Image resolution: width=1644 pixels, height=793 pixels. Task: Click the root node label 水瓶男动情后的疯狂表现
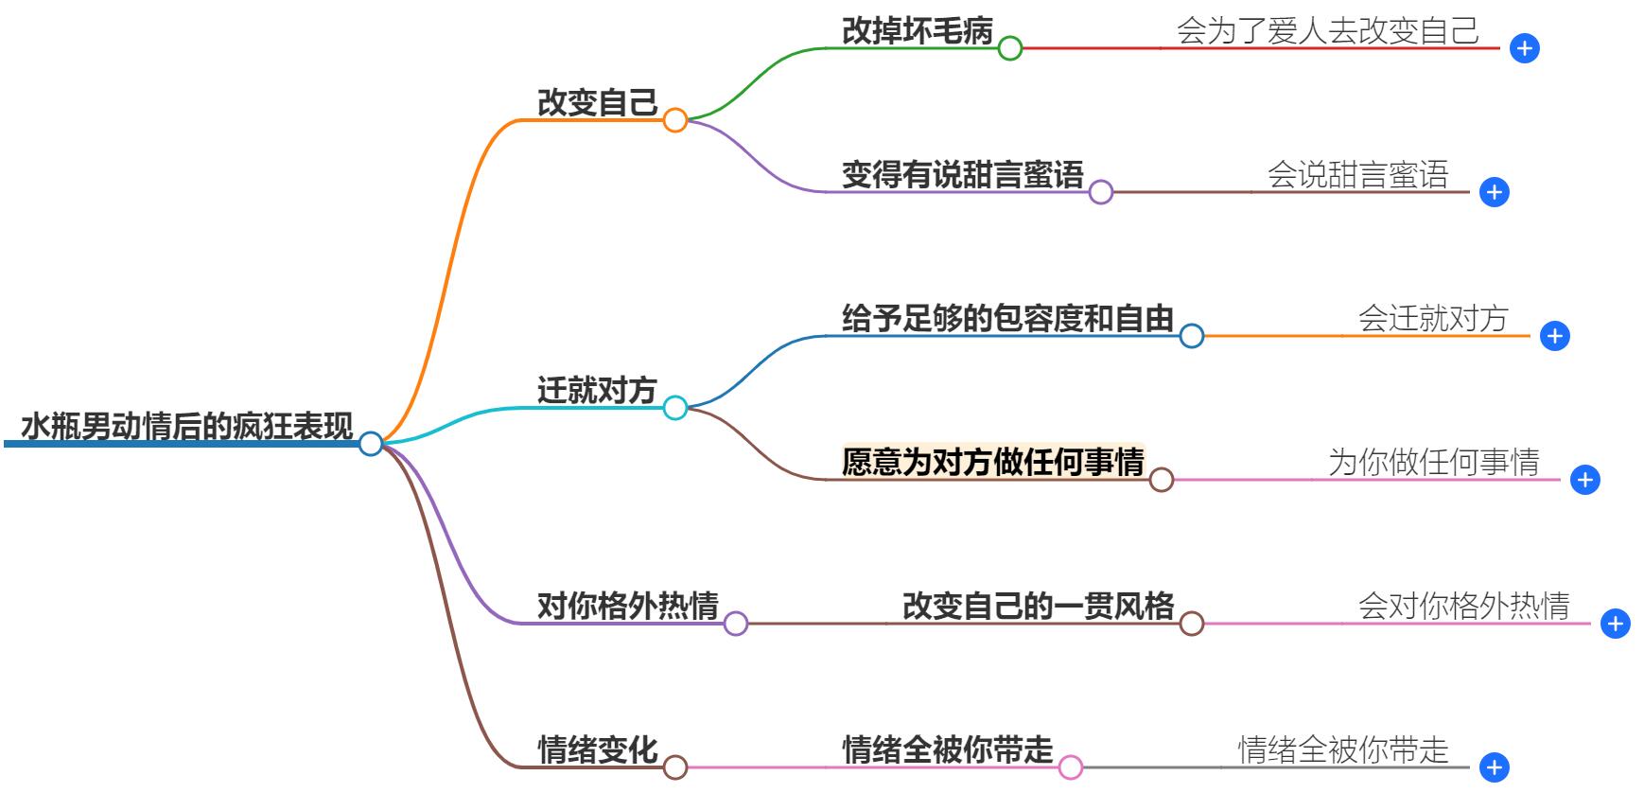pyautogui.click(x=186, y=427)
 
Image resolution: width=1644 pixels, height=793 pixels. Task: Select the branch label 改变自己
pyautogui.click(x=597, y=103)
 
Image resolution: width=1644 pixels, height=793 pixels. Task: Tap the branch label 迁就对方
pyautogui.click(x=597, y=390)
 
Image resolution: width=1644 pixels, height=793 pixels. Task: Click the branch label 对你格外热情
pyautogui.click(x=627, y=606)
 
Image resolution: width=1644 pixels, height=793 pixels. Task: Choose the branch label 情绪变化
pyautogui.click(x=597, y=749)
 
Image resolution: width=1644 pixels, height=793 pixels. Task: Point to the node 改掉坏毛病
pyautogui.click(x=917, y=31)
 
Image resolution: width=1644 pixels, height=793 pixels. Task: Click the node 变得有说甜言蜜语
pyautogui.click(x=962, y=175)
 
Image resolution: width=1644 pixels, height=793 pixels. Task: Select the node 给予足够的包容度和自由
pyautogui.click(x=1007, y=319)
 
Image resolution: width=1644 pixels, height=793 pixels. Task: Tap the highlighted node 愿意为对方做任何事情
pyautogui.click(x=992, y=462)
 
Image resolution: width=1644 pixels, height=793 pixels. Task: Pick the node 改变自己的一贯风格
pyautogui.click(x=1038, y=606)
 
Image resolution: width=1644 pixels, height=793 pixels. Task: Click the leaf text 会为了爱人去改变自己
pyautogui.click(x=1327, y=31)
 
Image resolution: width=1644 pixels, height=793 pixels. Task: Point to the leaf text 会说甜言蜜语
pyautogui.click(x=1357, y=175)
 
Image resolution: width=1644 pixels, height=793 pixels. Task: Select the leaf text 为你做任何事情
pyautogui.click(x=1433, y=462)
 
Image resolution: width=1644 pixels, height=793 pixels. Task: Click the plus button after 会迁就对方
pyautogui.click(x=1554, y=336)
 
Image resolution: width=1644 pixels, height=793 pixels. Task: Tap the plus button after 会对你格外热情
pyautogui.click(x=1615, y=624)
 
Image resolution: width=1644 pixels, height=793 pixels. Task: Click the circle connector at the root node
pyautogui.click(x=371, y=443)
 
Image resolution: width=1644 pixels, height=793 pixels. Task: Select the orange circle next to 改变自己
pyautogui.click(x=674, y=120)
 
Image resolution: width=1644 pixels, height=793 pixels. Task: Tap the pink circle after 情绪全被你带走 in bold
pyautogui.click(x=1070, y=767)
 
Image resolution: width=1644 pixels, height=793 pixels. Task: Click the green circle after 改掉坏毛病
pyautogui.click(x=1010, y=48)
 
